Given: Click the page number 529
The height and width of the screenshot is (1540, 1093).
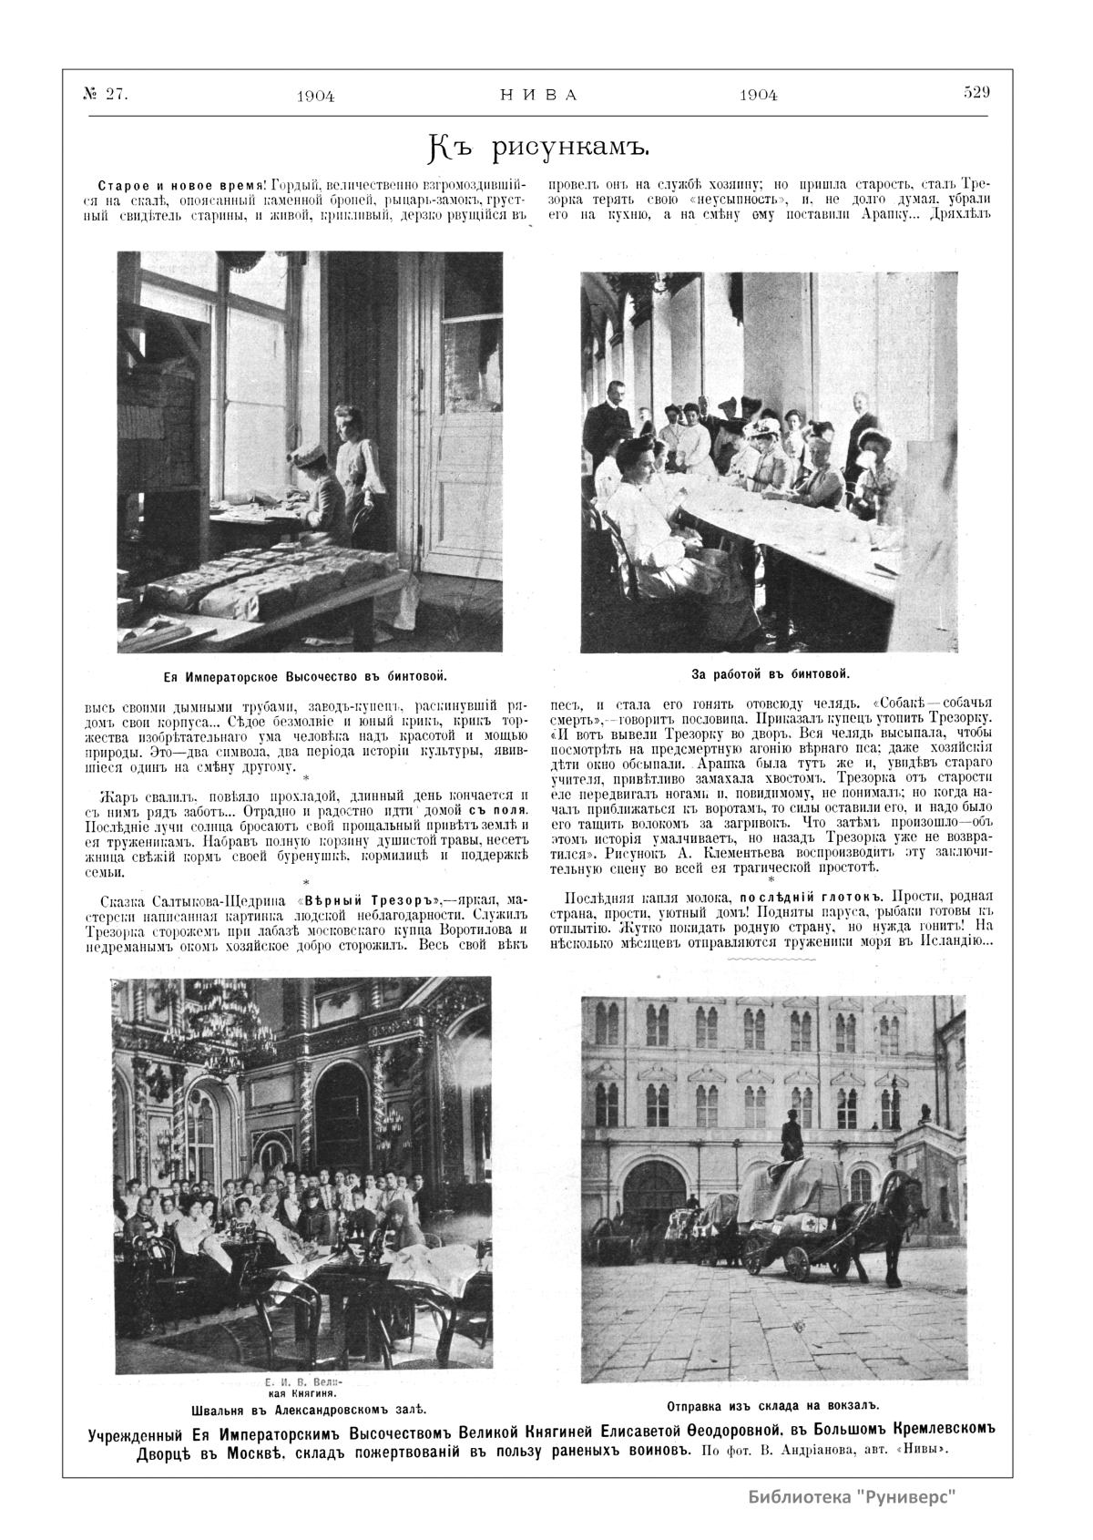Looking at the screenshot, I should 976,92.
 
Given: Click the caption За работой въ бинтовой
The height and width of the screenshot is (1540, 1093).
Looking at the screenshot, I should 771,674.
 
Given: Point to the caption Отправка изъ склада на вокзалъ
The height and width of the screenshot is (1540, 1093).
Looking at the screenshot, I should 771,1403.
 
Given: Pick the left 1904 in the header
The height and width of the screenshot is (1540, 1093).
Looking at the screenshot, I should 315,97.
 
